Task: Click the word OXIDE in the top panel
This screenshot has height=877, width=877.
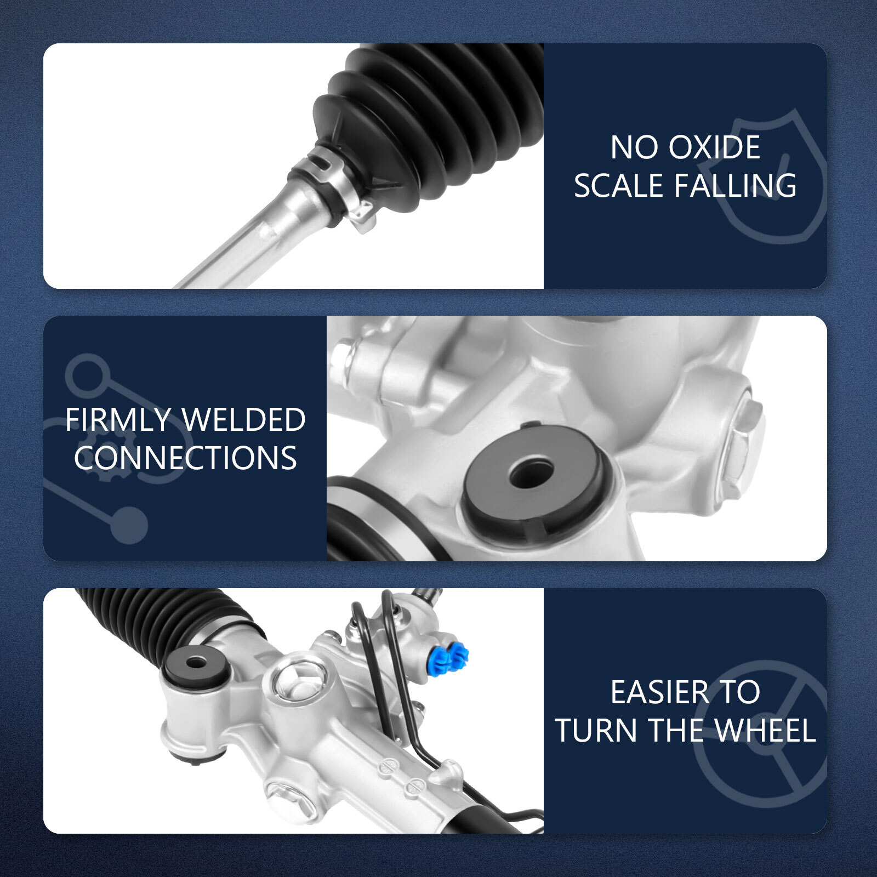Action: pyautogui.click(x=715, y=147)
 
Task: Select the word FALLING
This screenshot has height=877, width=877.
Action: pyautogui.click(x=735, y=185)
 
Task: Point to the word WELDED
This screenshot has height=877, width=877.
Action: pyautogui.click(x=243, y=420)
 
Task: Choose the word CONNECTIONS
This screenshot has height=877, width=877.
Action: pyautogui.click(x=185, y=458)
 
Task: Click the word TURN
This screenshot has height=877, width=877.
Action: pyautogui.click(x=597, y=730)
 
